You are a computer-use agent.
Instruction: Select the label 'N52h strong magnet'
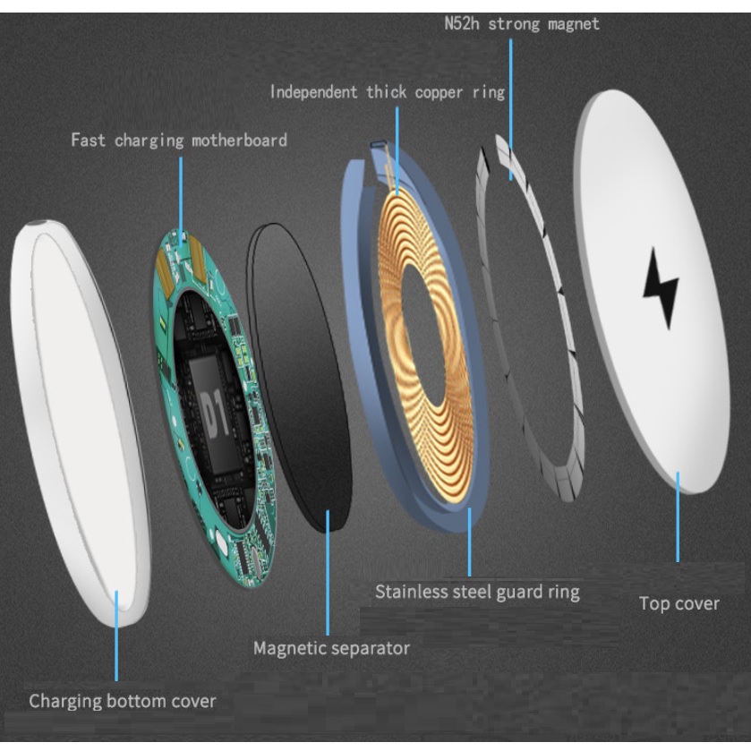[521, 23]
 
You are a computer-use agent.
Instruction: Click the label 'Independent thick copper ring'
[388, 92]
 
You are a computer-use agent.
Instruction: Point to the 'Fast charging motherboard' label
[179, 141]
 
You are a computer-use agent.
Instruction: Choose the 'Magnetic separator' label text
[331, 647]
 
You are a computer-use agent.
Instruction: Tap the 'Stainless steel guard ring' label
[477, 592]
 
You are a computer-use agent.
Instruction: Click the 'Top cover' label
[678, 603]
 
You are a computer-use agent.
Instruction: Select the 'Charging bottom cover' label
[123, 700]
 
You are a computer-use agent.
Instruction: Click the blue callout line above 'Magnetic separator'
[328, 573]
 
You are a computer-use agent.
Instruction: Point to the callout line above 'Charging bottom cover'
[116, 636]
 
